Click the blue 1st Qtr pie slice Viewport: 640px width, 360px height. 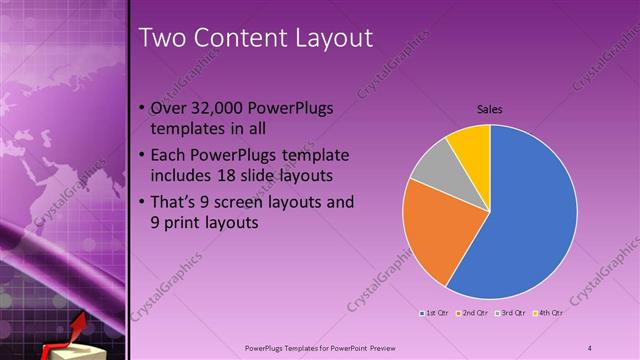[530, 220]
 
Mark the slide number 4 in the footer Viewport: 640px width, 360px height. [589, 347]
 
